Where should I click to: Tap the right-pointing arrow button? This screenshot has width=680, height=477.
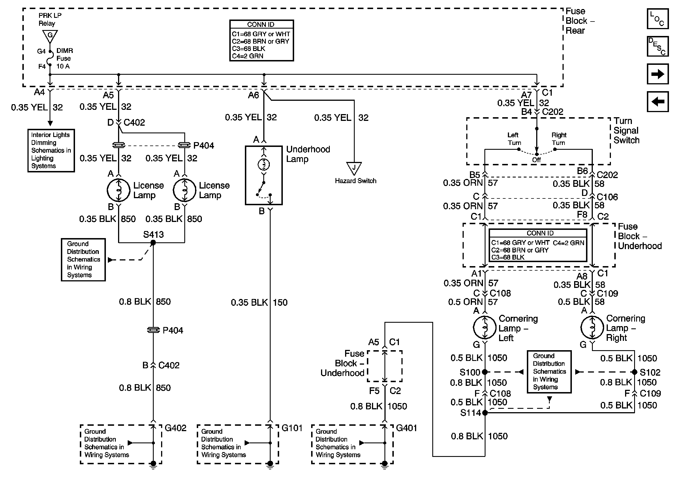pyautogui.click(x=657, y=74)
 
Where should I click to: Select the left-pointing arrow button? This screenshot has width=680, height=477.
pyautogui.click(x=657, y=102)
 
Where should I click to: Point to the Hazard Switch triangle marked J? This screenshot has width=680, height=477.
pyautogui.click(x=354, y=168)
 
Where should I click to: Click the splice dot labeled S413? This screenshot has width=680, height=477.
pyautogui.click(x=153, y=243)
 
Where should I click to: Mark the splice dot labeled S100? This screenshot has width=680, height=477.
pyautogui.click(x=485, y=372)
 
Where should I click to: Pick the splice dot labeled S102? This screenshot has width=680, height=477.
pyautogui.click(x=634, y=372)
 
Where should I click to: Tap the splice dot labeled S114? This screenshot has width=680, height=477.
pyautogui.click(x=485, y=413)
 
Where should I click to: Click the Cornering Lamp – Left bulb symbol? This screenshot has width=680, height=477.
pyautogui.click(x=485, y=328)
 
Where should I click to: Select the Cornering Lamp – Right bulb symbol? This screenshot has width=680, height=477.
pyautogui.click(x=592, y=328)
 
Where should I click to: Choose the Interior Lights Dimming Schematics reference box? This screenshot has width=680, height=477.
pyautogui.click(x=51, y=150)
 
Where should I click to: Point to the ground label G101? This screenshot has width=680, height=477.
pyautogui.click(x=292, y=428)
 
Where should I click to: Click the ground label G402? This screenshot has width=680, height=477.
pyautogui.click(x=175, y=428)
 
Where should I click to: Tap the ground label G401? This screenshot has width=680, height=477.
pyautogui.click(x=406, y=428)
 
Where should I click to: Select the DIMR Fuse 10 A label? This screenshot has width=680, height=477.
pyautogui.click(x=65, y=58)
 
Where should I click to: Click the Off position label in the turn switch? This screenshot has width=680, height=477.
pyautogui.click(x=536, y=160)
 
